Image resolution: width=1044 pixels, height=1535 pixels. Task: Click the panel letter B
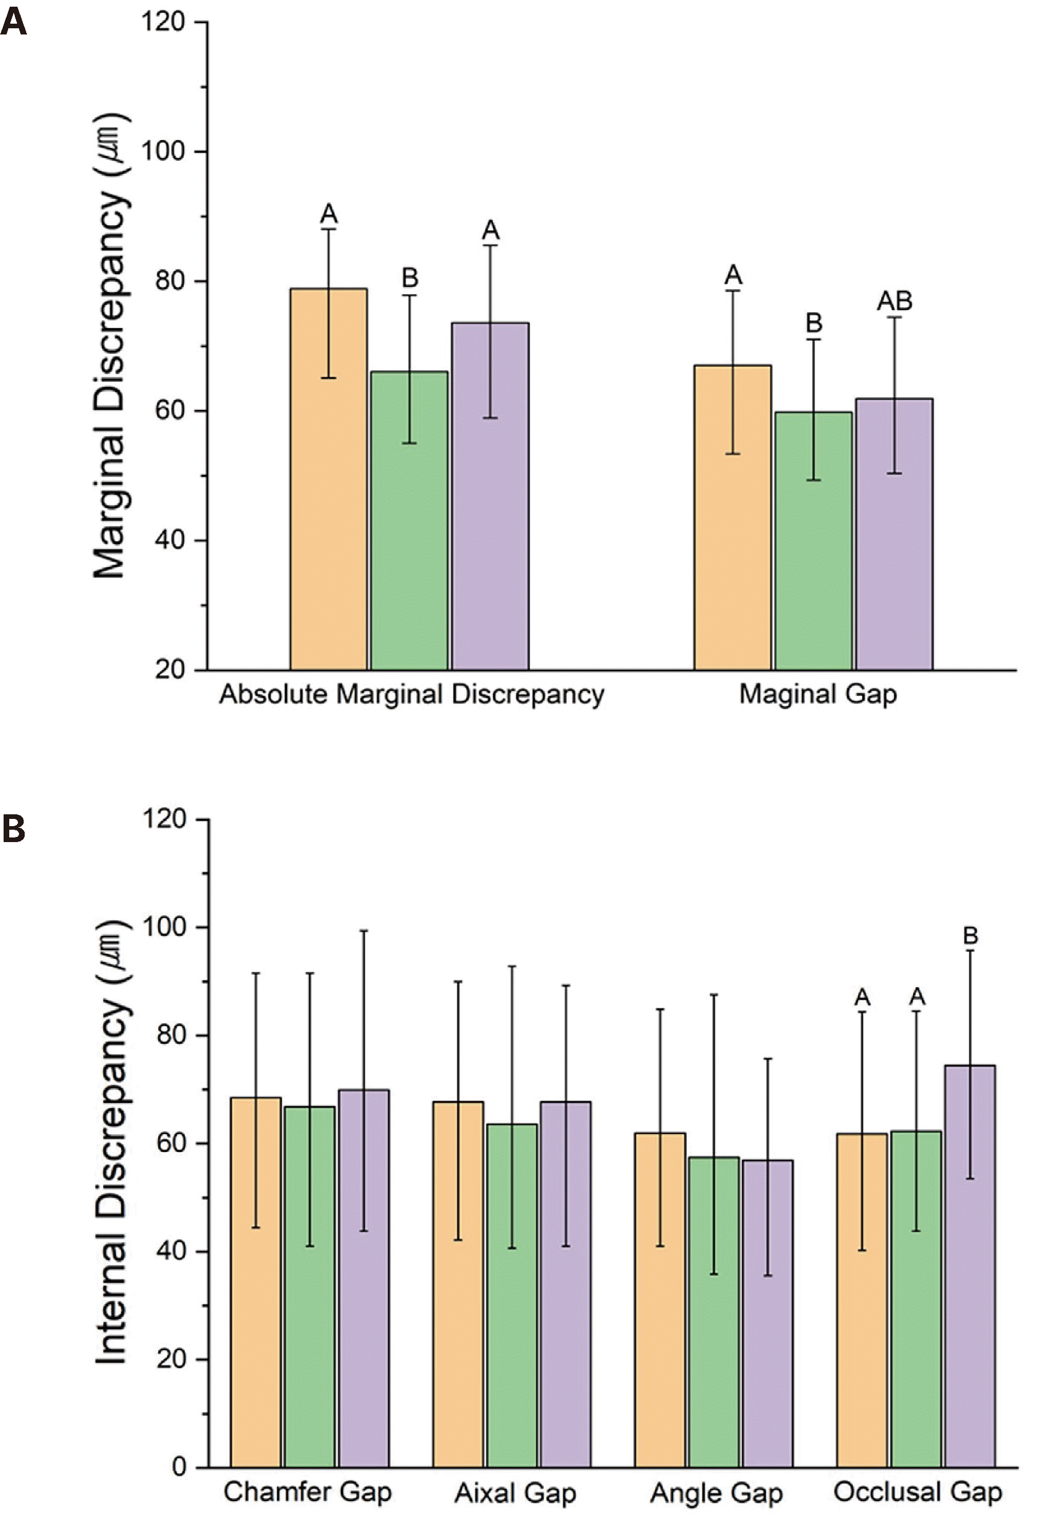[13, 830]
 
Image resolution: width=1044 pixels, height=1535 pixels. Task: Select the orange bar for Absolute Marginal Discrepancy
[328, 479]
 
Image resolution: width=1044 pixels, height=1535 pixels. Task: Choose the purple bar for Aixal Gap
[565, 1284]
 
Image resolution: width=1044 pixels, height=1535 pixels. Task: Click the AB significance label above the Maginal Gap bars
[894, 302]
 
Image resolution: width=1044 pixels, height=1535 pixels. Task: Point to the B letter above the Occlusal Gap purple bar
[970, 936]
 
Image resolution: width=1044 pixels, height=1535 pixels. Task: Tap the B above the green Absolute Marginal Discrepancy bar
[409, 278]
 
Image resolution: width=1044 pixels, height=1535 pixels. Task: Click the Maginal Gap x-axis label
[818, 694]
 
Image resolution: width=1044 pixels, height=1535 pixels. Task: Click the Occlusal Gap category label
[918, 1492]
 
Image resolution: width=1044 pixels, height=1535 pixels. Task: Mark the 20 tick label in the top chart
[170, 670]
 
